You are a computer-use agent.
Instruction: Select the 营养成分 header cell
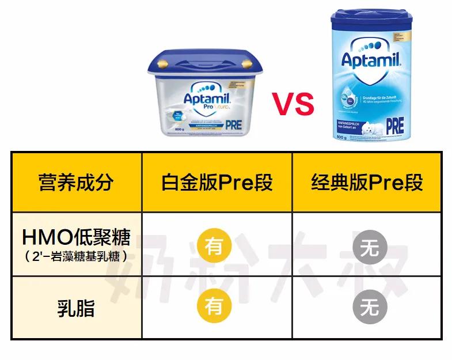pyautogui.click(x=76, y=182)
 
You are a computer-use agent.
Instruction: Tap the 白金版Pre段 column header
pyautogui.click(x=216, y=182)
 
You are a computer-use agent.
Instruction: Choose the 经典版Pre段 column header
pyautogui.click(x=367, y=182)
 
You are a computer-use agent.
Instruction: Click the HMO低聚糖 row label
pyautogui.click(x=76, y=237)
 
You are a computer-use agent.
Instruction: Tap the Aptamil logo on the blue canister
pyautogui.click(x=370, y=59)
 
